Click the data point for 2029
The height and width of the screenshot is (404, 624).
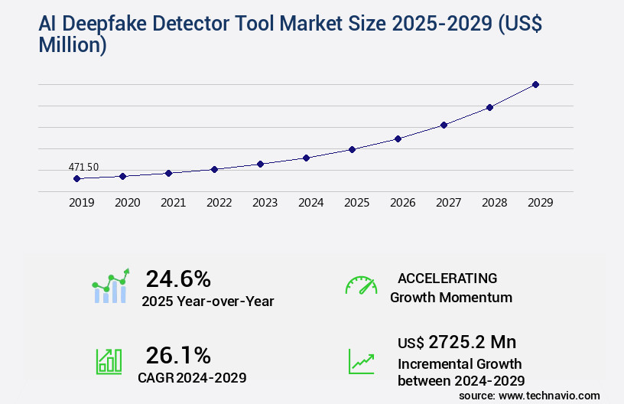pyautogui.click(x=535, y=84)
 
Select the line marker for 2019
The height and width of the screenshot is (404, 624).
pyautogui.click(x=76, y=178)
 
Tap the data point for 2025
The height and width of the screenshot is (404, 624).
pyautogui.click(x=352, y=149)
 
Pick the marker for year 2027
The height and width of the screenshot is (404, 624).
pyautogui.click(x=444, y=125)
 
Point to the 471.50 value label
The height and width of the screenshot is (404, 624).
pyautogui.click(x=83, y=167)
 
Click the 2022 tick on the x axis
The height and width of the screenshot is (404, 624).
pyautogui.click(x=219, y=203)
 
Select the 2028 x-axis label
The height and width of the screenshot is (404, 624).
pyautogui.click(x=494, y=203)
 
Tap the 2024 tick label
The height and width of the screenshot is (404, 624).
pyautogui.click(x=310, y=203)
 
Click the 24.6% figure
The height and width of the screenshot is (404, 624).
pyautogui.click(x=178, y=279)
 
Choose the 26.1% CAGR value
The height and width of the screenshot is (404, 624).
pyautogui.click(x=178, y=355)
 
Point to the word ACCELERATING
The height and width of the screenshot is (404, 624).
pyautogui.click(x=447, y=279)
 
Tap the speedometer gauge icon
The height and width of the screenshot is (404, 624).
pyautogui.click(x=361, y=285)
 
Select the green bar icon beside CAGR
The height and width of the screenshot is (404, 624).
pyautogui.click(x=109, y=361)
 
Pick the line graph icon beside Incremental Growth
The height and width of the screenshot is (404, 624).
pyautogui.click(x=361, y=361)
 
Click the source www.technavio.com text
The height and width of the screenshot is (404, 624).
pyautogui.click(x=529, y=395)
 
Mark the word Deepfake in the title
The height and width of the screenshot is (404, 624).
pyautogui.click(x=119, y=24)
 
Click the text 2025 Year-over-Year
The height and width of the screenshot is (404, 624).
pyautogui.click(x=207, y=301)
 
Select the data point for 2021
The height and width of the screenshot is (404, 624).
pyautogui.click(x=168, y=173)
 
